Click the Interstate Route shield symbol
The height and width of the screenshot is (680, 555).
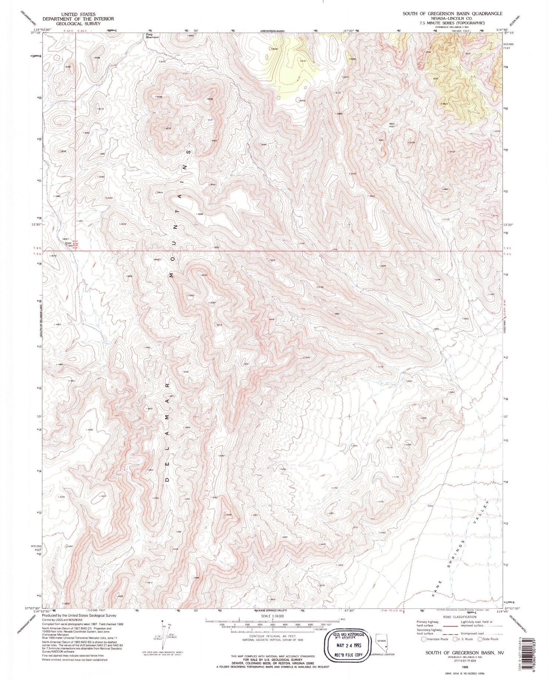[424, 639]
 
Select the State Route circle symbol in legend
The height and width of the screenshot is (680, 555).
[480, 639]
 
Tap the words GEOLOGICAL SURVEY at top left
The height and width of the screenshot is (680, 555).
[78, 23]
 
